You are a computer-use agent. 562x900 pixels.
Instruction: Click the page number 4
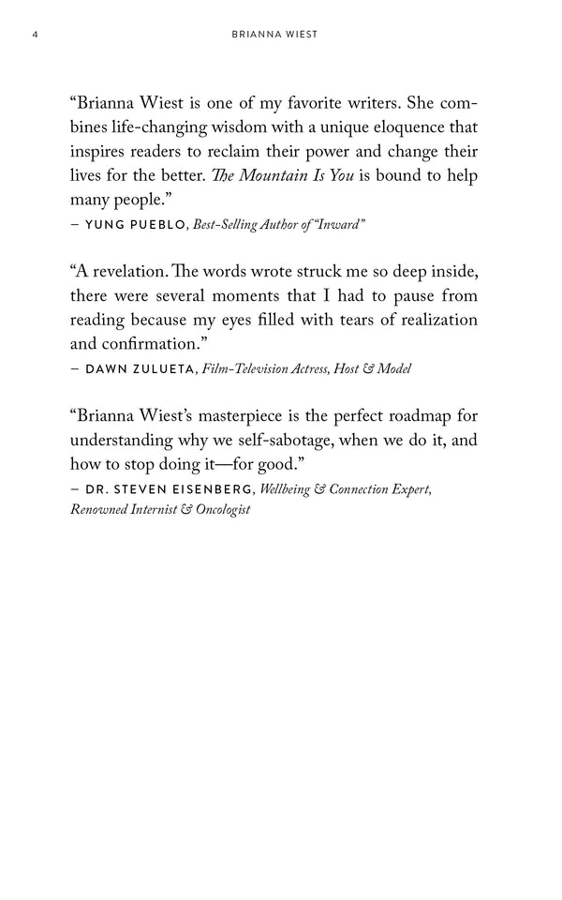[34, 36]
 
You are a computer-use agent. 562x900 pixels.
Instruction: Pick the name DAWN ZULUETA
[141, 369]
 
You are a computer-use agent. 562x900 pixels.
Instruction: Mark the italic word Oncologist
[218, 512]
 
